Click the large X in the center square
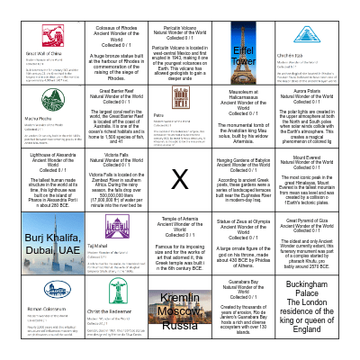click(180, 181)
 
